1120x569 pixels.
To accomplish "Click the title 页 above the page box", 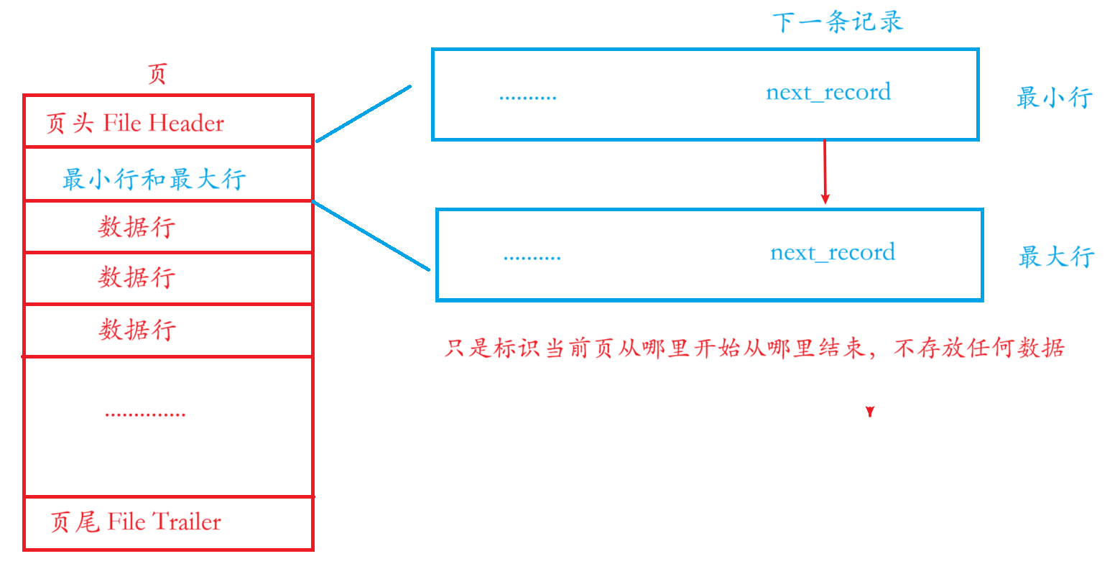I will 157,74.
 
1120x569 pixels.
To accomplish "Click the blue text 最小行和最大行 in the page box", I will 154,179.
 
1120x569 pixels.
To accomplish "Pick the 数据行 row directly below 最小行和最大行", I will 136,228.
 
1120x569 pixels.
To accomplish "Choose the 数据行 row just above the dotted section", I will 136,330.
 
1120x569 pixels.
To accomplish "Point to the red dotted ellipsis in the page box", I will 145,415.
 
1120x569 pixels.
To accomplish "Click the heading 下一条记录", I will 838,22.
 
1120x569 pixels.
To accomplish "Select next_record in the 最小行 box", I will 828,93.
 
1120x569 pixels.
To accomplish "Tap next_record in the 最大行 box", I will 832,253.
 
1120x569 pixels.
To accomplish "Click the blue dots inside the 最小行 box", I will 527,97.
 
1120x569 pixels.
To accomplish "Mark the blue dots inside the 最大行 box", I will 532,257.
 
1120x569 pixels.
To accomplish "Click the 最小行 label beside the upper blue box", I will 1054,97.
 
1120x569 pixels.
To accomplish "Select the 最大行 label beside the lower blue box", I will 1056,256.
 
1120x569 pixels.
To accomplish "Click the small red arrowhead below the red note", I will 870,412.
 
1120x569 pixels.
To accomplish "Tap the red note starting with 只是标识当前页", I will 754,349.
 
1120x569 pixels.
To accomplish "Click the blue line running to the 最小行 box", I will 363,114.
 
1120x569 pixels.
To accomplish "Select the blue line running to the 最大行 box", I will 371,236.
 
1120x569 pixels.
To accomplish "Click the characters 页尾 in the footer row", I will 75,522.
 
